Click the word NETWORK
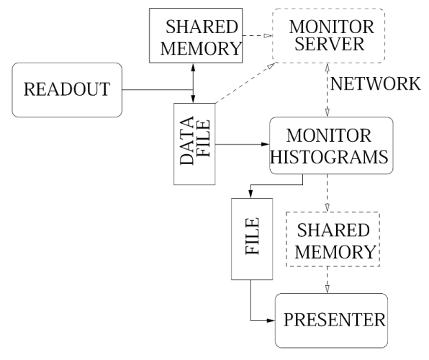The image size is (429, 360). click(376, 84)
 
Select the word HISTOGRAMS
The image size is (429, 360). click(329, 157)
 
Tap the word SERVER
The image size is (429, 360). click(330, 44)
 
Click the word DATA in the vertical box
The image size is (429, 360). click(187, 140)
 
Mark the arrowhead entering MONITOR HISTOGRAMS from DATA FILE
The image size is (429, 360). click(266, 144)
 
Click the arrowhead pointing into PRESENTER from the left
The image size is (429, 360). click(271, 320)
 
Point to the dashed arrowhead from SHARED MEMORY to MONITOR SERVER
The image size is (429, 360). click(268, 35)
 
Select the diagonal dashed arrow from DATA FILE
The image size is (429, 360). click(246, 83)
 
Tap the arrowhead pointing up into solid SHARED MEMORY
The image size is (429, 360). click(193, 68)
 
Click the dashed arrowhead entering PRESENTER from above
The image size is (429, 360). click(328, 289)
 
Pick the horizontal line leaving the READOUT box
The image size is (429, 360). click(158, 89)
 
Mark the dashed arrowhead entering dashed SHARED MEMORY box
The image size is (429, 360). click(328, 207)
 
